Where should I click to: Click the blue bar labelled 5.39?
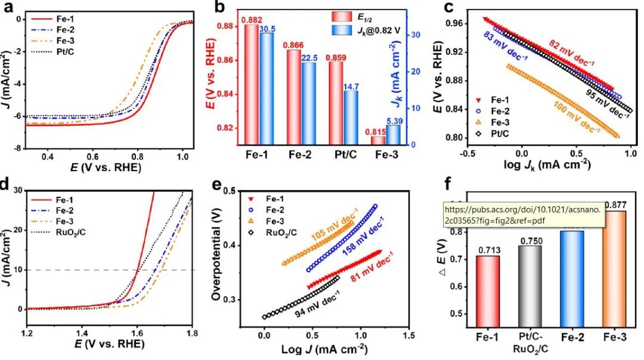tap(394, 135)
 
